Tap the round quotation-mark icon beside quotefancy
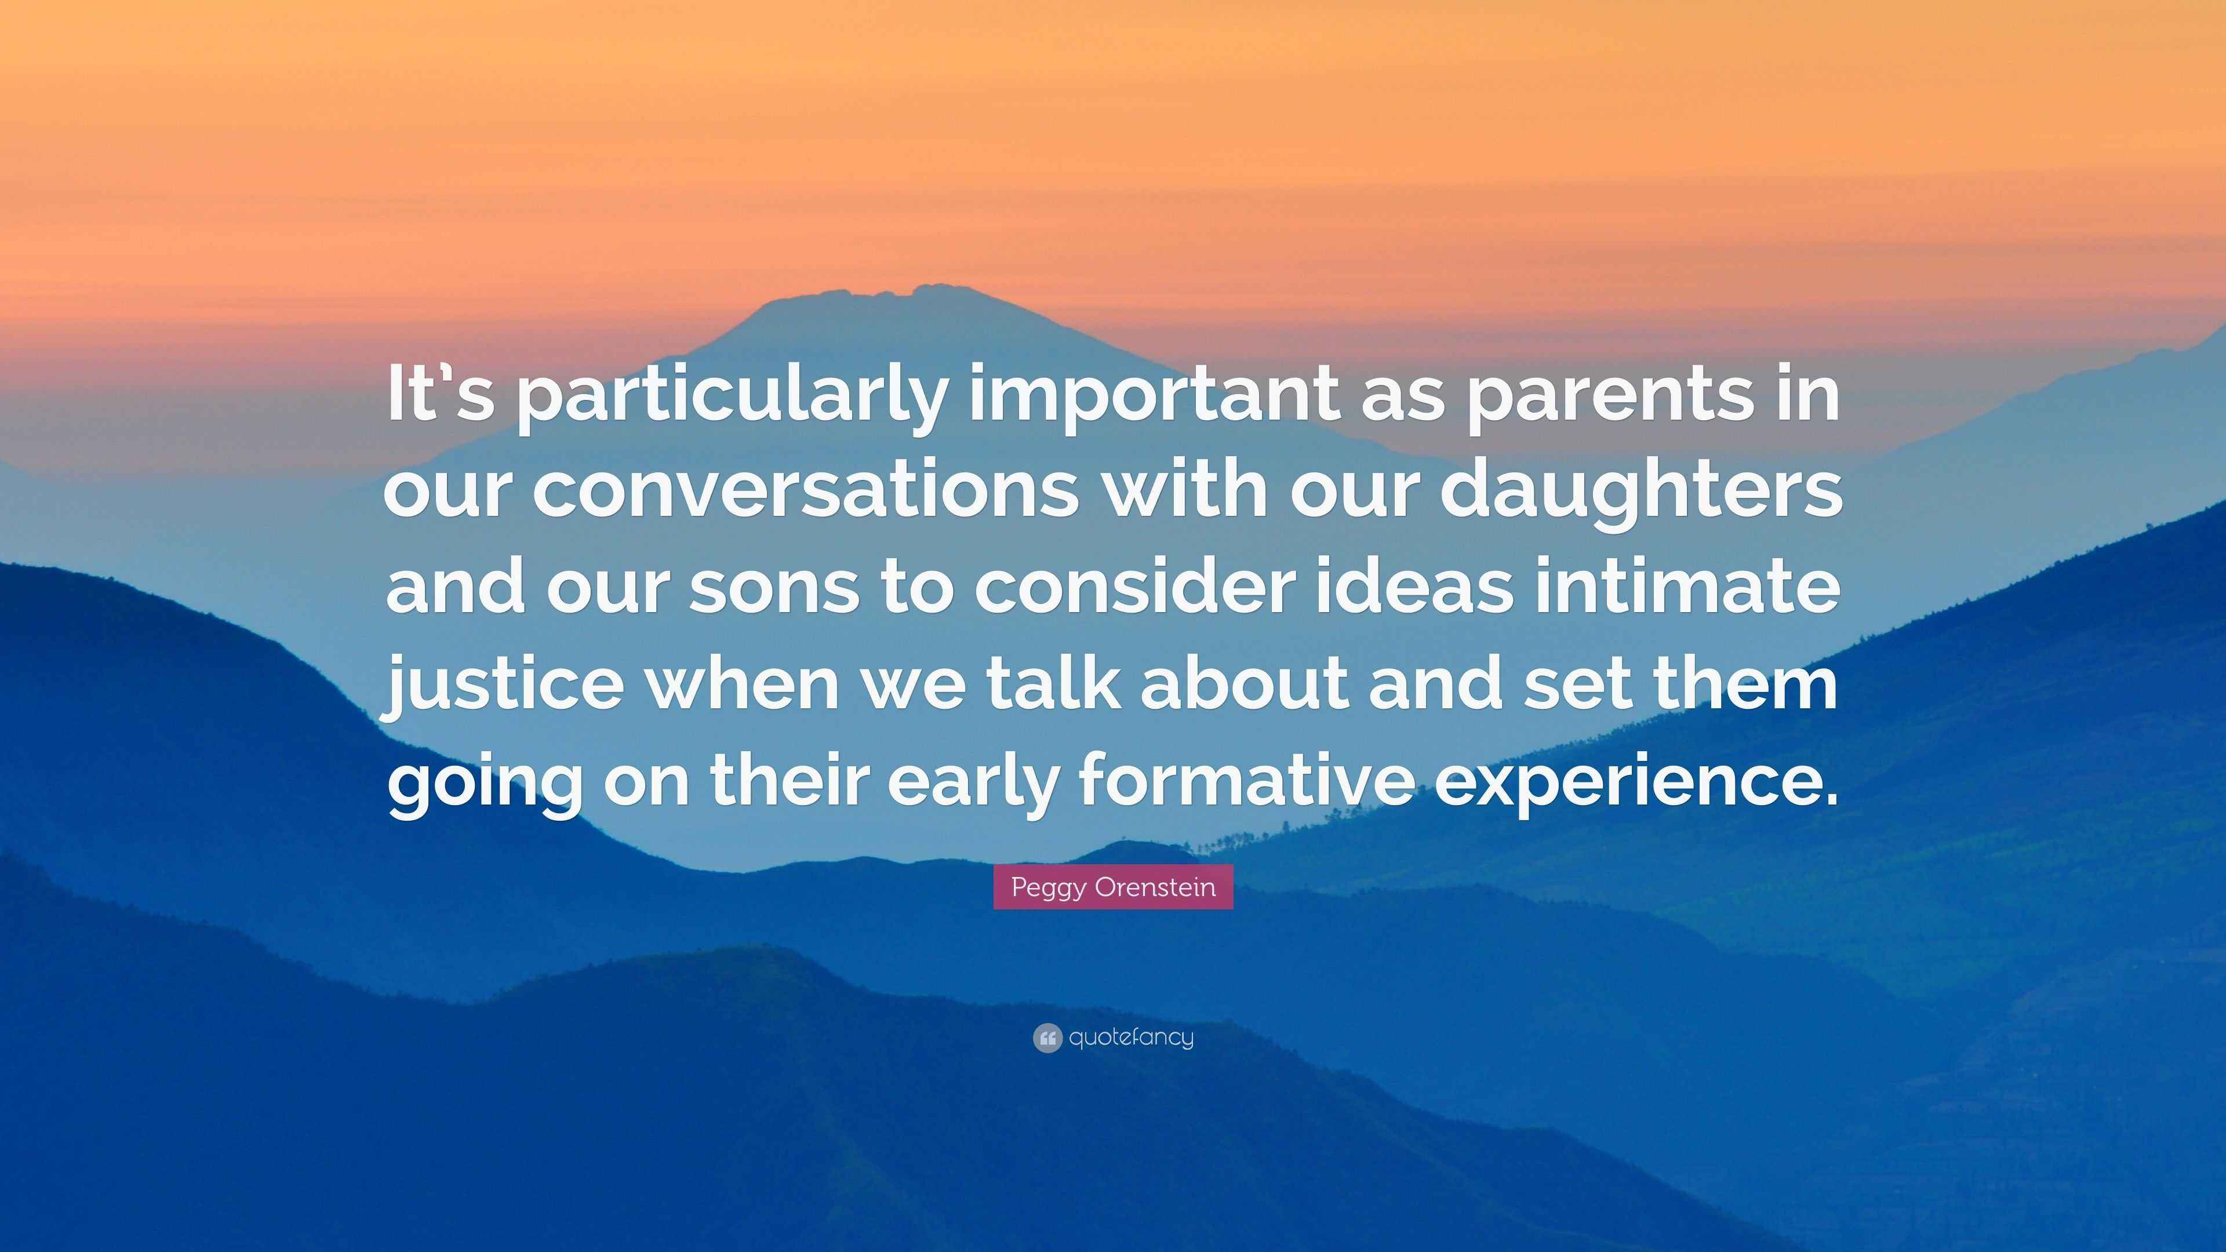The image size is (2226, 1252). click(x=1047, y=1038)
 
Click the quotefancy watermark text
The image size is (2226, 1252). click(x=1131, y=1038)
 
